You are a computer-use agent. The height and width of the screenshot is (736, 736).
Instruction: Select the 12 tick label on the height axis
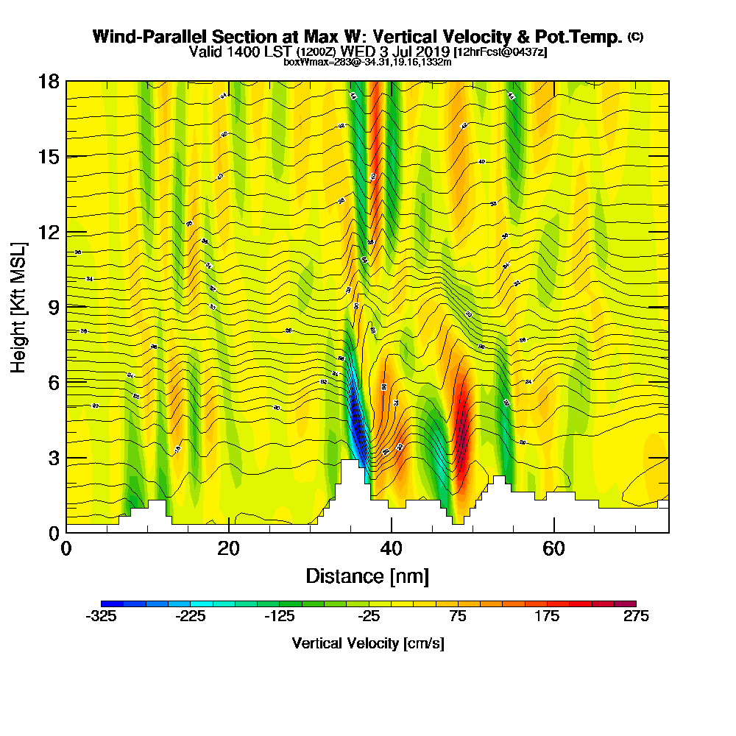pos(49,232)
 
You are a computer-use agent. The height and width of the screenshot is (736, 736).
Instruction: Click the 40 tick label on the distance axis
pos(392,549)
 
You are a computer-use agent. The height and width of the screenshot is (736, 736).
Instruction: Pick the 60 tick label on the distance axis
pos(553,549)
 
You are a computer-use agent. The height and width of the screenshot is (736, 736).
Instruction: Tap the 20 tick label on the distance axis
pos(229,549)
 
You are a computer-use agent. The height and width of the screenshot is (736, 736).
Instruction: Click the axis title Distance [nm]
pos(367,576)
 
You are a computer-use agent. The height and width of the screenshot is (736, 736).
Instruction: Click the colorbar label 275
pos(636,617)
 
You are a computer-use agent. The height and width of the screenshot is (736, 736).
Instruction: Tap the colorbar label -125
pos(279,617)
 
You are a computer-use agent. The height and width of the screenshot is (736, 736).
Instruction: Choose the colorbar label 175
pos(547,617)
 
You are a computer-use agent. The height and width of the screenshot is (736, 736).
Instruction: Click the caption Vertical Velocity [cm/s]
pos(368,643)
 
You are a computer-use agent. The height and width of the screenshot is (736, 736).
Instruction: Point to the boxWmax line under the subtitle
pos(367,62)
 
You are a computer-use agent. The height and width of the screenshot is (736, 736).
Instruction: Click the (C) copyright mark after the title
pos(636,37)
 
